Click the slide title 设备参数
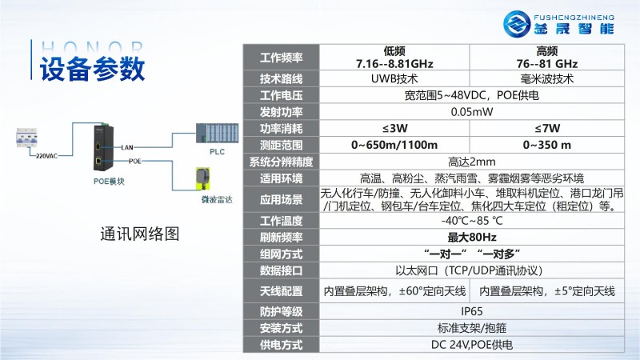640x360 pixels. (x=92, y=68)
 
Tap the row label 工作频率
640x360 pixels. (x=282, y=58)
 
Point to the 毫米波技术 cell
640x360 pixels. (x=547, y=79)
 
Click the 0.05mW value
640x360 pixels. (x=471, y=111)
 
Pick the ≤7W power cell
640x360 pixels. (x=547, y=128)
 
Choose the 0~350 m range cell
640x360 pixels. (x=547, y=145)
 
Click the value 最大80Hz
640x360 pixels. (x=471, y=237)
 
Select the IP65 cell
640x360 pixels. (x=471, y=311)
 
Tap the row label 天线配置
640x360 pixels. (x=282, y=290)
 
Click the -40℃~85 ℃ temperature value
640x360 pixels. (x=471, y=221)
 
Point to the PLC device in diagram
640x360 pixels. (x=217, y=133)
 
